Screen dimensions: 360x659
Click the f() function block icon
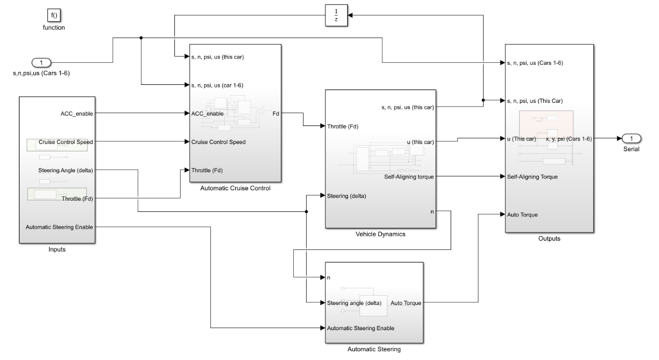point(54,15)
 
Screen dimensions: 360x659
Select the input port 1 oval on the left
point(42,63)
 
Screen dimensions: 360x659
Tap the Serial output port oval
point(631,138)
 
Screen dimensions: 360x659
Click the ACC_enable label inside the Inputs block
point(77,114)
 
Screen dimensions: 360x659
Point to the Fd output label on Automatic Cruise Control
point(276,114)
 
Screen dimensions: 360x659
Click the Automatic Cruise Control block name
point(235,188)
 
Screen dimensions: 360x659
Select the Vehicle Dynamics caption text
point(380,234)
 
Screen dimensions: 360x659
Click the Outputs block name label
point(549,239)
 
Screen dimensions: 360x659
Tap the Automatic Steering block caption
point(373,350)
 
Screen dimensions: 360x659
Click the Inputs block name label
point(57,249)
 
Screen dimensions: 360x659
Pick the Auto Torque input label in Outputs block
point(522,215)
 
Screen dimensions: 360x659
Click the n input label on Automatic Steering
point(329,278)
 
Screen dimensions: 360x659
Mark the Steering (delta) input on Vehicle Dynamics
point(347,195)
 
